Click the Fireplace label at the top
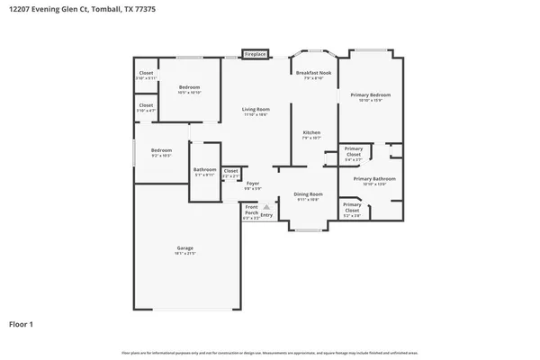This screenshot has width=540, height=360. coord(256,54)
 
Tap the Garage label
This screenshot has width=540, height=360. coord(184,247)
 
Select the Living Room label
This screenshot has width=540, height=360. coord(256,110)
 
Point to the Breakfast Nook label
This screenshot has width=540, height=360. coord(314,72)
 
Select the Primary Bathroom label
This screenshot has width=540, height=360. coord(373,178)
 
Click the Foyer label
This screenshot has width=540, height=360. coord(253,183)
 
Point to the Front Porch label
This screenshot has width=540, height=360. coord(251,212)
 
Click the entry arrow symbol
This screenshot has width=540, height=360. coord(265,206)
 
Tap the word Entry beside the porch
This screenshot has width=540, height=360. coord(266,214)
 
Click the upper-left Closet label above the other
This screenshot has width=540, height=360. coord(146,73)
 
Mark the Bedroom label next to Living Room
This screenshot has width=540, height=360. coord(189,87)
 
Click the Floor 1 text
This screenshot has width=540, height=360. coord(22,323)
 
